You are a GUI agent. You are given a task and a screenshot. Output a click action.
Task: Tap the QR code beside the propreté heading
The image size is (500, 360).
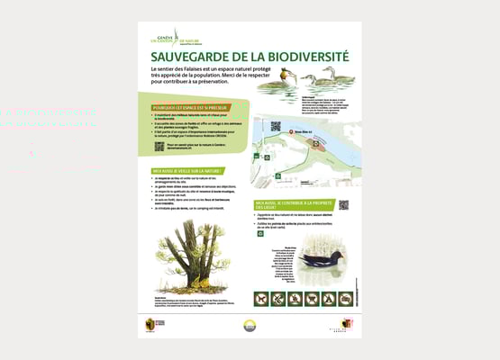(x=343, y=204)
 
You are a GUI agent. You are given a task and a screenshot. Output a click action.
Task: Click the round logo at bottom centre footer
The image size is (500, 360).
(x=250, y=326)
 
